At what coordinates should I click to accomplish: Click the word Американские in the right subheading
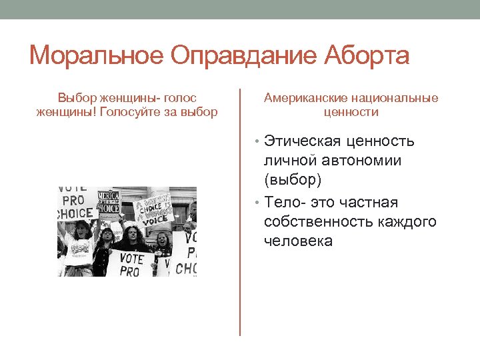click(302, 98)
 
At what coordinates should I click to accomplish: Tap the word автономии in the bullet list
click(363, 161)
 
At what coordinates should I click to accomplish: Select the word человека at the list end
click(298, 241)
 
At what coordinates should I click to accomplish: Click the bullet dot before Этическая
click(258, 142)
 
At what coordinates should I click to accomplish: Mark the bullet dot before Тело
click(258, 203)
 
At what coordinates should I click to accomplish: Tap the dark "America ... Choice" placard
click(108, 201)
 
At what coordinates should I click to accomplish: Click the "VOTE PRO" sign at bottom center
click(131, 263)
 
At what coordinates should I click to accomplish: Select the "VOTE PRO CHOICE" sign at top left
click(75, 201)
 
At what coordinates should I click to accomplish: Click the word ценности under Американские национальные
click(351, 112)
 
